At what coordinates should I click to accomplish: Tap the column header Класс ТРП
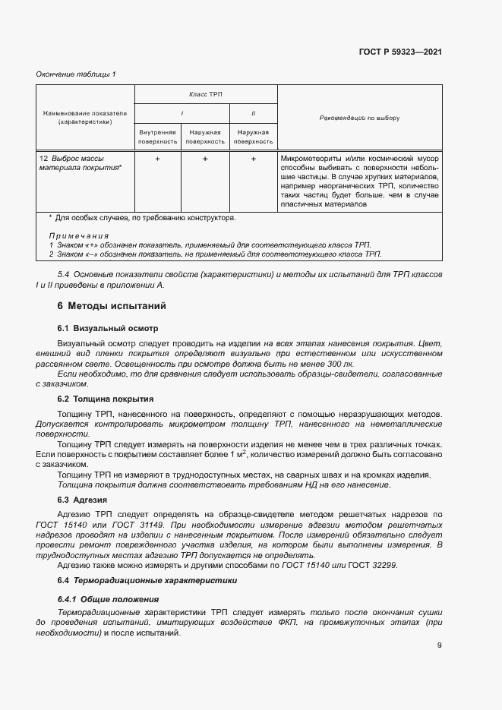[206, 94]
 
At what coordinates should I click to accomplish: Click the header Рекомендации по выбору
[359, 118]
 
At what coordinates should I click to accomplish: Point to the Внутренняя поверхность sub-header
[157, 136]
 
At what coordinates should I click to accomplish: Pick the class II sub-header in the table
[253, 113]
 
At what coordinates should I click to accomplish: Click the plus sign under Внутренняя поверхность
[157, 159]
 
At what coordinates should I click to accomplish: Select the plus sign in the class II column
[253, 159]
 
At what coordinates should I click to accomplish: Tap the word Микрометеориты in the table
[309, 158]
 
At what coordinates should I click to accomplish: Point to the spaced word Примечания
[78, 236]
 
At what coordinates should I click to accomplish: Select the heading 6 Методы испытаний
[106, 306]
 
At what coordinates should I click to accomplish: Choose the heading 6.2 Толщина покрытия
[106, 399]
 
